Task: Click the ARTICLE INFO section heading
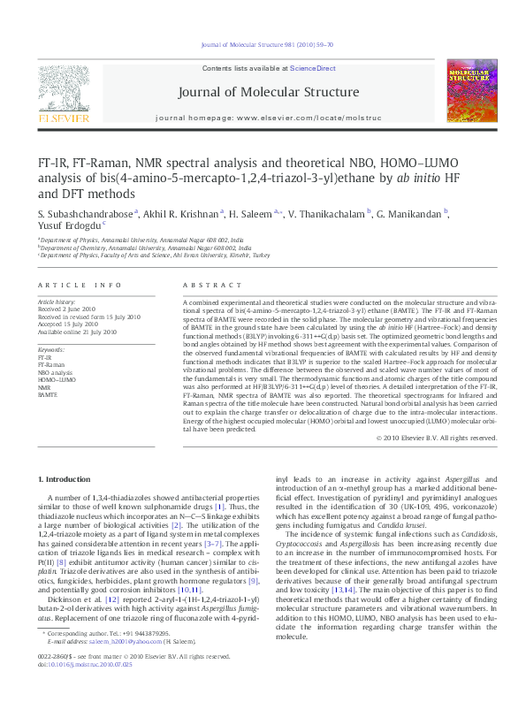(79, 286)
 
